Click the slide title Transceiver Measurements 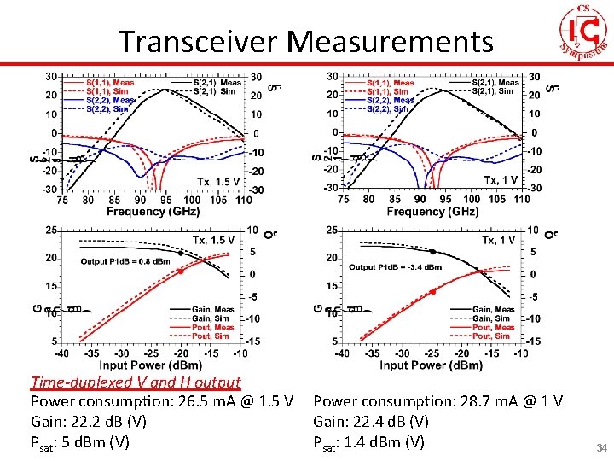pyautogui.click(x=305, y=41)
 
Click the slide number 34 pyautogui.click(x=600, y=447)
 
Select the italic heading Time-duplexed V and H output pyautogui.click(x=136, y=382)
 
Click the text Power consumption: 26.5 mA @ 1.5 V pyautogui.click(x=162, y=401)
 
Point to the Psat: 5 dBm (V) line pyautogui.click(x=80, y=442)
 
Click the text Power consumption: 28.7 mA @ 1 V pyautogui.click(x=437, y=401)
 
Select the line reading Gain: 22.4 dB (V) pyautogui.click(x=371, y=422)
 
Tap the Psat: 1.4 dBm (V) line pyautogui.click(x=368, y=442)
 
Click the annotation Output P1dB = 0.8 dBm pyautogui.click(x=125, y=261)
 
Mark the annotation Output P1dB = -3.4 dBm pyautogui.click(x=395, y=267)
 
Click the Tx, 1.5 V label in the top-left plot pyautogui.click(x=217, y=181)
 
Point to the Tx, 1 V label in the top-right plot pyautogui.click(x=501, y=179)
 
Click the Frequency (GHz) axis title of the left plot pyautogui.click(x=148, y=211)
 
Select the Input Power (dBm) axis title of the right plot pyautogui.click(x=431, y=365)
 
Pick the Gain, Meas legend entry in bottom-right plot pyautogui.click(x=495, y=310)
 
